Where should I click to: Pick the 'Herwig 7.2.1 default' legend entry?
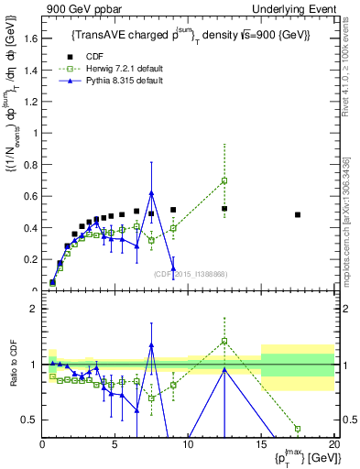(115, 69)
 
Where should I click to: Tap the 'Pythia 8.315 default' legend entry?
(115, 81)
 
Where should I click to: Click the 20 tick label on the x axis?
(334, 446)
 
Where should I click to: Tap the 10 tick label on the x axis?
(188, 446)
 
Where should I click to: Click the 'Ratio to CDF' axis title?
(13, 364)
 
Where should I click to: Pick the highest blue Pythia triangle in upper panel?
(151, 192)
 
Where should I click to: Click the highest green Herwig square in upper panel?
(224, 180)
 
